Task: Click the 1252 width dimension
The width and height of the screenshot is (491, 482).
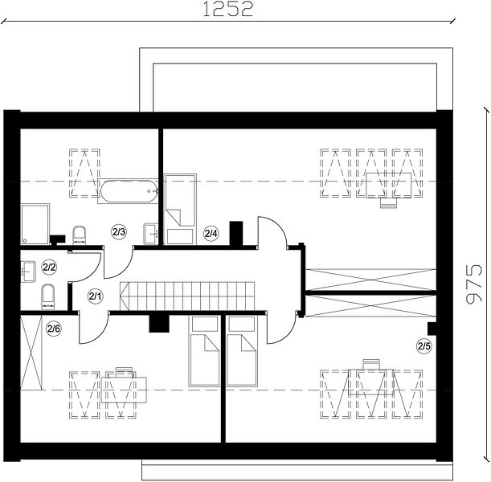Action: pos(227,10)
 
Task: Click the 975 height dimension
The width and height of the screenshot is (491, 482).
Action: pos(474,284)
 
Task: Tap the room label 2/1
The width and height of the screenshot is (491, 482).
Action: pos(95,296)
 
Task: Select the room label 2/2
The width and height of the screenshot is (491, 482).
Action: pos(49,268)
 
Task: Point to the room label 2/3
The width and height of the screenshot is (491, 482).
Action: pos(119,232)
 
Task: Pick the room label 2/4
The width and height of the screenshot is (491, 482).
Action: pos(211,233)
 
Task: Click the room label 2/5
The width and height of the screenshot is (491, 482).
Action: pos(424,346)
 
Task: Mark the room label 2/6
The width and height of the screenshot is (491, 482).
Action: pos(54,329)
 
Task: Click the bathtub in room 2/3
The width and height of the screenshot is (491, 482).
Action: pos(129,191)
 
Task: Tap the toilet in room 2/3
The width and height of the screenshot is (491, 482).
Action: pos(79,235)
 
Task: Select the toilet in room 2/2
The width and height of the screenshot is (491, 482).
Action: pos(47,296)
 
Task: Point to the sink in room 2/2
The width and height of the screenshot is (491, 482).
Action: pos(28,271)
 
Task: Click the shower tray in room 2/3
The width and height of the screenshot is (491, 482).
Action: pos(35,224)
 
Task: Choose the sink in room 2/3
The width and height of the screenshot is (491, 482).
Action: pos(151,234)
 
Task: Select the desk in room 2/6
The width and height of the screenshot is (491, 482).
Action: pos(124,390)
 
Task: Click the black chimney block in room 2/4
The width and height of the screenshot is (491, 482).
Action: pos(236,234)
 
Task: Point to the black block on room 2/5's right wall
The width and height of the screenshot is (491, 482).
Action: pos(432,329)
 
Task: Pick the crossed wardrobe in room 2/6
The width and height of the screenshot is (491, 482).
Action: pos(31,353)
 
